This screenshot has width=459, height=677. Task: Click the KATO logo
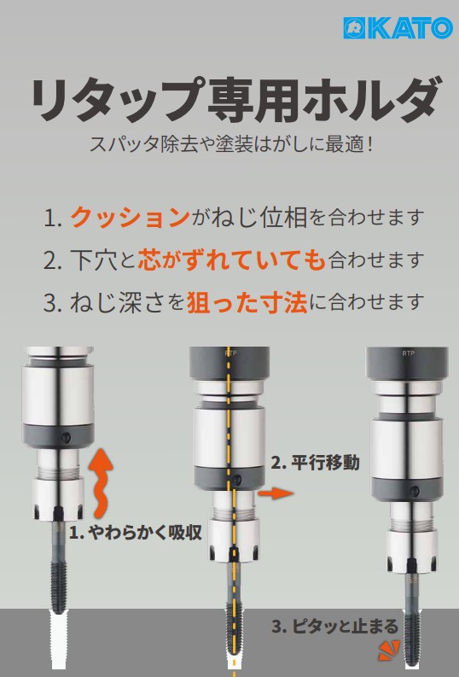pyautogui.click(x=398, y=28)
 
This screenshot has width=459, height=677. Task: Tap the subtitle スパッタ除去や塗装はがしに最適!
pyautogui.click(x=231, y=143)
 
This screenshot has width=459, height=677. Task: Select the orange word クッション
pyautogui.click(x=130, y=217)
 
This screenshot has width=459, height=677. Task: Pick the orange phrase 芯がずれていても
pyautogui.click(x=231, y=260)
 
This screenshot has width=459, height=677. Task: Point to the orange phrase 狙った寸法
pyautogui.click(x=247, y=302)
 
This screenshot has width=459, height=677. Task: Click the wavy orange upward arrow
pyautogui.click(x=101, y=482)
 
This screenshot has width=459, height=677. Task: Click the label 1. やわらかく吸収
pyautogui.click(x=136, y=534)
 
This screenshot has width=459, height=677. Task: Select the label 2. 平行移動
pyautogui.click(x=315, y=464)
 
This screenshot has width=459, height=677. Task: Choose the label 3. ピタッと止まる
pyautogui.click(x=334, y=627)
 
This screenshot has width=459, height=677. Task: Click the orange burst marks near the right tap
pyautogui.click(x=389, y=651)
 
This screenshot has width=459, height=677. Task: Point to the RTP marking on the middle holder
pyautogui.click(x=231, y=353)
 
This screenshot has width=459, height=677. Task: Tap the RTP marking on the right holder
pyautogui.click(x=408, y=353)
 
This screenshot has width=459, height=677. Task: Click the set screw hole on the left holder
pyautogui.click(x=67, y=438)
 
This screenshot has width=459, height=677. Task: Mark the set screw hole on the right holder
pyautogui.click(x=415, y=492)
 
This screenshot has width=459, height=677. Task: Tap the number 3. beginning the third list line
pyautogui.click(x=53, y=303)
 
